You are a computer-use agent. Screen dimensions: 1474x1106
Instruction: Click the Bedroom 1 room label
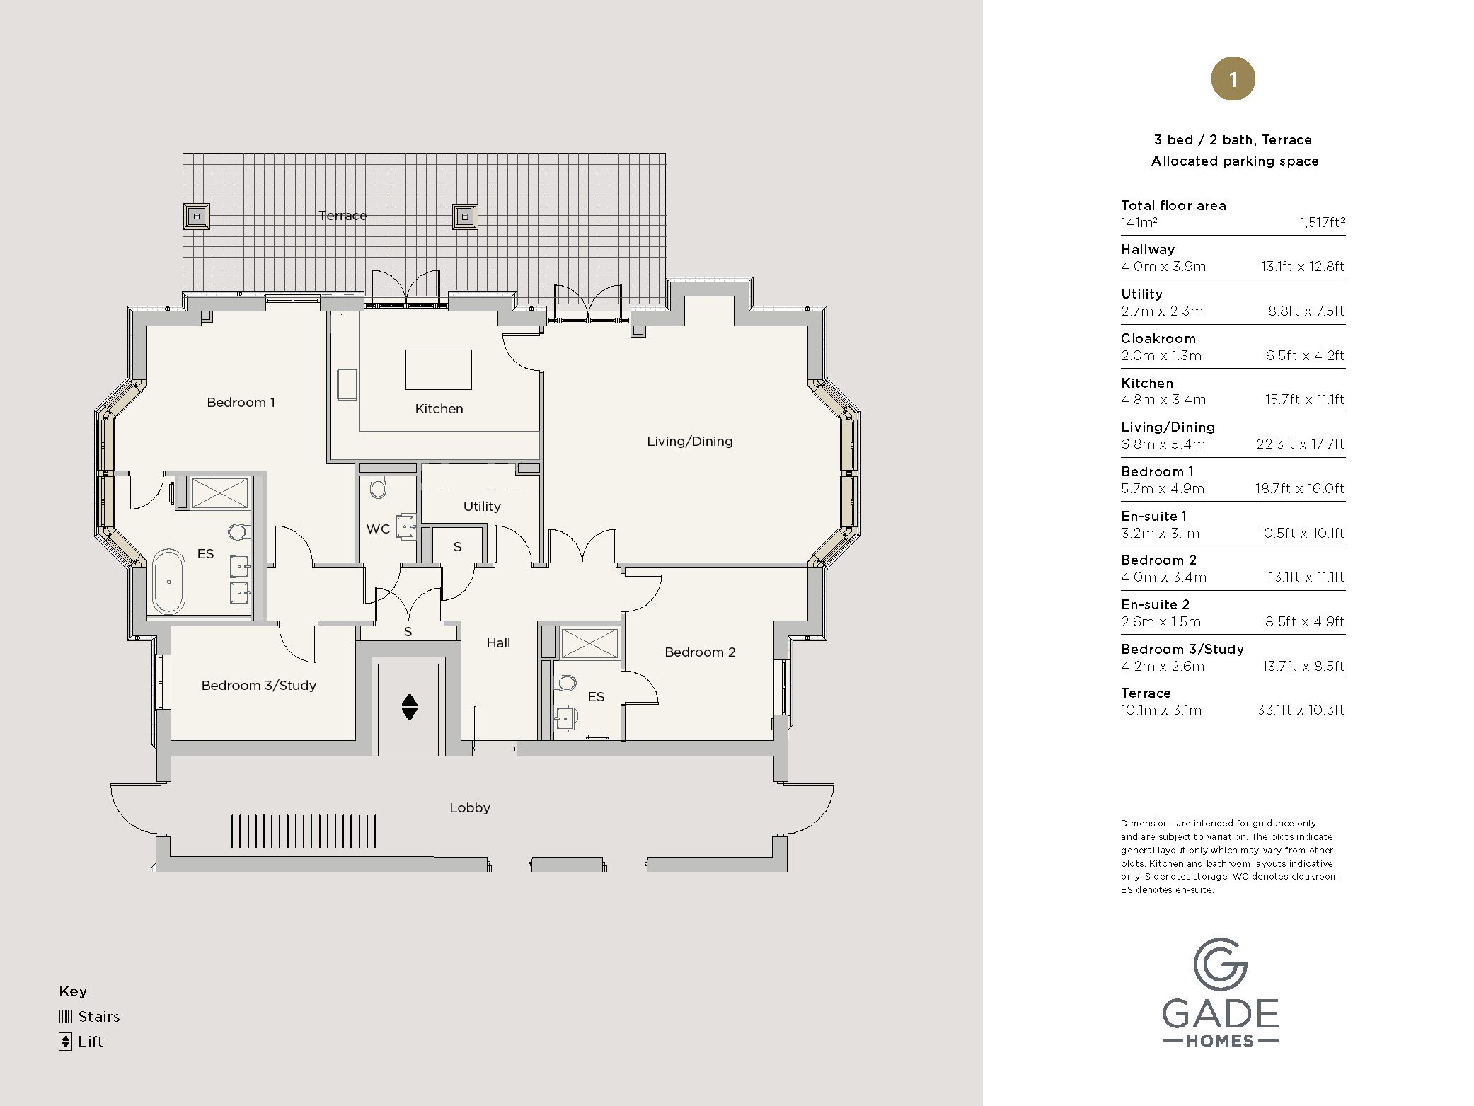click(x=241, y=403)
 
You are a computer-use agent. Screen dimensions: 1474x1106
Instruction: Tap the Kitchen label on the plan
click(x=439, y=409)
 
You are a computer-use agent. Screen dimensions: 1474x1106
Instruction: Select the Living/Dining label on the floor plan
click(x=689, y=442)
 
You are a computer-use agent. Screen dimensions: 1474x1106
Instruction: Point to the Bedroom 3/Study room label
click(x=258, y=686)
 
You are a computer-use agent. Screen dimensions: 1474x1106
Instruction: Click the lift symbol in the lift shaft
click(x=409, y=706)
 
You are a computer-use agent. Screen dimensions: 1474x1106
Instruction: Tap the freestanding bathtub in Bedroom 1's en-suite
click(x=168, y=581)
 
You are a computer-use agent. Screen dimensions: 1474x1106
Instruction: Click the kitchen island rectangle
click(x=438, y=369)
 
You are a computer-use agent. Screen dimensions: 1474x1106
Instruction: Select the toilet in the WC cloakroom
click(x=379, y=488)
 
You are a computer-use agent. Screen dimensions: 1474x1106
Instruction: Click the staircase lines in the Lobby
click(x=304, y=831)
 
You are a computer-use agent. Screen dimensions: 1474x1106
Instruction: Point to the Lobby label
click(x=470, y=808)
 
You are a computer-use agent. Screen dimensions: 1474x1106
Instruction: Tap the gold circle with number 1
click(x=1233, y=79)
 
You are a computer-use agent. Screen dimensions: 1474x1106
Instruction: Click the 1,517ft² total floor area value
click(x=1321, y=223)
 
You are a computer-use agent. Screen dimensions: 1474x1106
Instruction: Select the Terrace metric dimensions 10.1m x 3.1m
click(x=1161, y=710)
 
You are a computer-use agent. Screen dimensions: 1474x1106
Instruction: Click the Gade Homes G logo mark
click(x=1220, y=964)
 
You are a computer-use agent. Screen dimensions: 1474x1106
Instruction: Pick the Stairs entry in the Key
click(x=89, y=1017)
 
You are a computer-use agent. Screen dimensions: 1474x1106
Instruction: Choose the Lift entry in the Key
click(x=81, y=1042)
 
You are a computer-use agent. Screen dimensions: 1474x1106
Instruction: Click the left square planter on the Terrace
click(x=196, y=216)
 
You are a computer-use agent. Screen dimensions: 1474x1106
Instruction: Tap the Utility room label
click(x=482, y=507)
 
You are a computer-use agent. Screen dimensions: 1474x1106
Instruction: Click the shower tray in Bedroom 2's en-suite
click(x=589, y=643)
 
